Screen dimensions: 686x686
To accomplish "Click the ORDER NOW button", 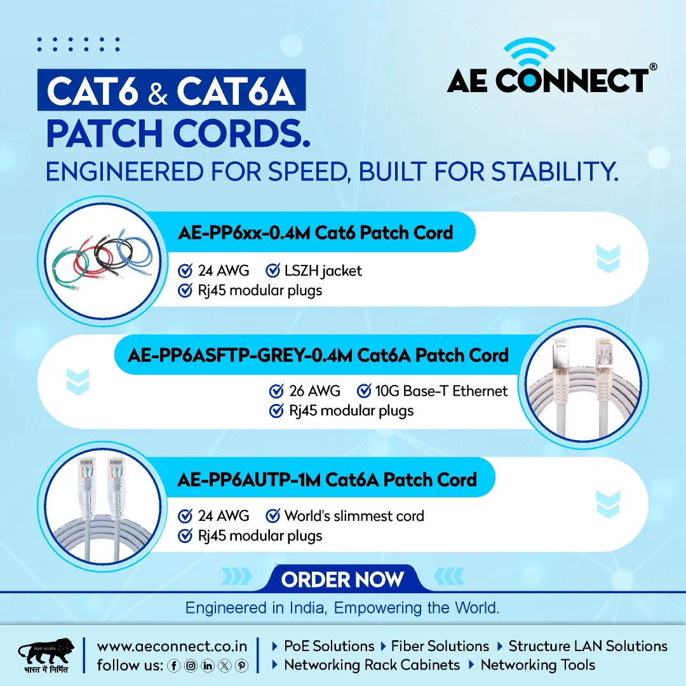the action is (x=342, y=579).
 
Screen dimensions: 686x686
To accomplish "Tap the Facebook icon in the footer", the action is (x=173, y=666).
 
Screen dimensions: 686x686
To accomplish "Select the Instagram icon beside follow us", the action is (x=191, y=666).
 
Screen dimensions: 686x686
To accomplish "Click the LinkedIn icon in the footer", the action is (x=208, y=666).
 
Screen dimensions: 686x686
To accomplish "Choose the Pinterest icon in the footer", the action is (x=242, y=666).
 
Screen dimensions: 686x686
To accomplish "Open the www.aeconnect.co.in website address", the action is (x=172, y=646).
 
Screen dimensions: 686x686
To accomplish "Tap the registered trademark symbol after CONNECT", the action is (x=653, y=67).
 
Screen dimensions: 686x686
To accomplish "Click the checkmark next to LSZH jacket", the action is (x=273, y=271).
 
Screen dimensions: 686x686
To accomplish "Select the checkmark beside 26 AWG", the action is (x=276, y=391).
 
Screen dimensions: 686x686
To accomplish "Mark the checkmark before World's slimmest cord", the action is (x=273, y=516).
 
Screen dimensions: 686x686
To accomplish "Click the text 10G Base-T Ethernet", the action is (x=441, y=391).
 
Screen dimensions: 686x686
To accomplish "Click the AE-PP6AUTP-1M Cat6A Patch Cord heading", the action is (x=327, y=480).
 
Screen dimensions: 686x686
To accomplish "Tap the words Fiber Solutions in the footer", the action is (x=440, y=646).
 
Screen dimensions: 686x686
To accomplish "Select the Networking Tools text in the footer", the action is (x=538, y=665).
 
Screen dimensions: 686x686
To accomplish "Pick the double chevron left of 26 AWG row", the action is (x=78, y=382).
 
